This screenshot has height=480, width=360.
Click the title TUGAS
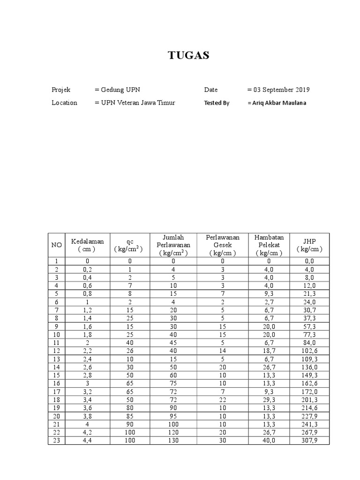click(189, 56)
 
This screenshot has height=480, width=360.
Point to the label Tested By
click(217, 103)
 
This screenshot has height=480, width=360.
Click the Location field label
click(64, 103)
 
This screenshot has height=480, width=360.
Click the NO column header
click(56, 245)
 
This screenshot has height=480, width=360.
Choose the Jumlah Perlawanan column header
click(173, 245)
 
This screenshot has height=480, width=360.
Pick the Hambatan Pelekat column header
click(269, 245)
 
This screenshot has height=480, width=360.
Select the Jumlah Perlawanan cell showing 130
click(173, 440)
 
